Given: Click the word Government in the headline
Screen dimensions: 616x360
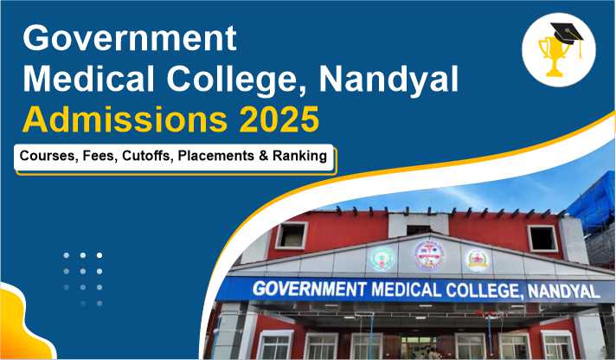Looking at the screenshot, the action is [x=130, y=38].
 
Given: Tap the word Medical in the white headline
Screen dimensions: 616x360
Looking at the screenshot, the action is [x=89, y=80].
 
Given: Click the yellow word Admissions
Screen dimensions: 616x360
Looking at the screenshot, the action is [x=125, y=119].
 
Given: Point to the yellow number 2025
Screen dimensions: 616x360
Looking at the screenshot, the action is [x=279, y=119].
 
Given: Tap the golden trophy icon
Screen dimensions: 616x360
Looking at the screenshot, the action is [x=553, y=55].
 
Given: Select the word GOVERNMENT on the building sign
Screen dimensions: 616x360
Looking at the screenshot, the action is [x=309, y=289].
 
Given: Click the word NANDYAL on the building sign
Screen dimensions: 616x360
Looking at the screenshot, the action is [x=564, y=292].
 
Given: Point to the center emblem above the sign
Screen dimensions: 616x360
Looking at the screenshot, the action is [x=429, y=254].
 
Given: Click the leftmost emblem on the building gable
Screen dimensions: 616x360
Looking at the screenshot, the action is [x=382, y=260].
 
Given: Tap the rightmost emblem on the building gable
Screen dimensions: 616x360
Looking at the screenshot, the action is [x=478, y=260].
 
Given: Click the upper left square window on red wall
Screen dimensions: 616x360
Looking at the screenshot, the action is [x=292, y=235].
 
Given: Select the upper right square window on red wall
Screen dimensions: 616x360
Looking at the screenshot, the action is [x=542, y=238].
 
